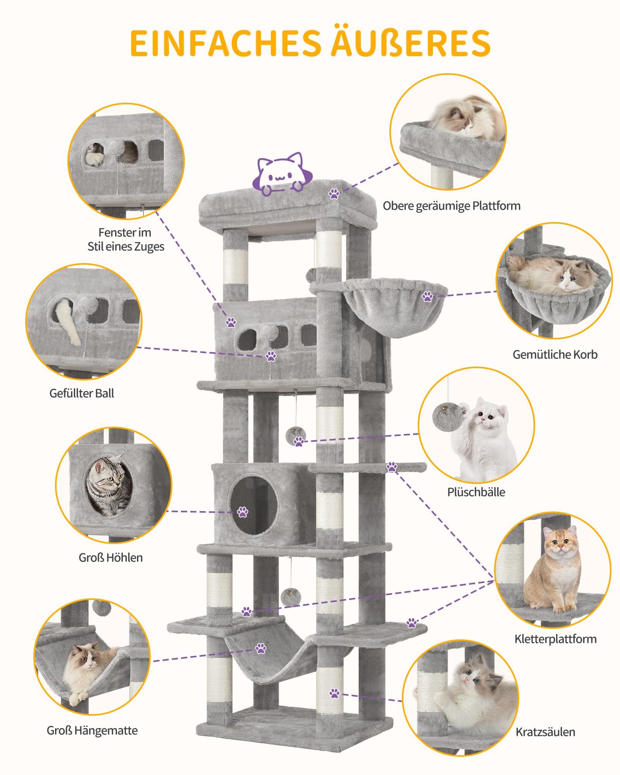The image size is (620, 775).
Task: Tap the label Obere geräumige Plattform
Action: tap(451, 206)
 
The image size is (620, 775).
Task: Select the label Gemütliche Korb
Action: tap(555, 355)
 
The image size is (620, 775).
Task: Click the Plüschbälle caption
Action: tap(476, 492)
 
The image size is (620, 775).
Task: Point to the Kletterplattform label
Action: tap(555, 639)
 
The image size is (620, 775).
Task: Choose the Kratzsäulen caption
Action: tap(545, 732)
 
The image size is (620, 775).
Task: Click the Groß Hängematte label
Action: tap(92, 730)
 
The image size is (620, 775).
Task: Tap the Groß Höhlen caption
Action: tap(110, 558)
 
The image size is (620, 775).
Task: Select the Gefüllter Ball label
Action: tap(82, 393)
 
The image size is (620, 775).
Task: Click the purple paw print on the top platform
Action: tap(334, 194)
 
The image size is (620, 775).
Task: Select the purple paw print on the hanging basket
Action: tap(427, 297)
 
